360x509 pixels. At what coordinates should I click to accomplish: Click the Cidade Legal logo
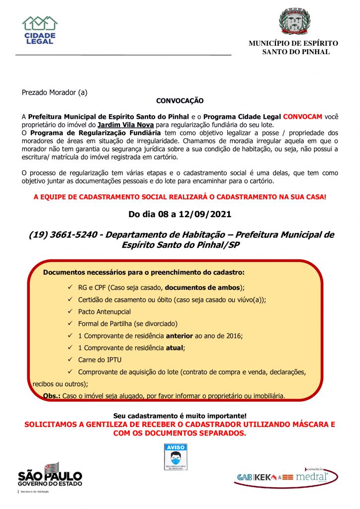point(40,30)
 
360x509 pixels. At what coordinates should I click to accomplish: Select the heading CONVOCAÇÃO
point(180,101)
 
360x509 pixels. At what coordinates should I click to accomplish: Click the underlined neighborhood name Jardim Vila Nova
point(126,124)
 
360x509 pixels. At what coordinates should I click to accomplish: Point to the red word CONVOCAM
point(303,116)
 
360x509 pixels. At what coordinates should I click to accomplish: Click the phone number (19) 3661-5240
point(63,235)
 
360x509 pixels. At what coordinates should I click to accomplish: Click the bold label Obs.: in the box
point(52,396)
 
